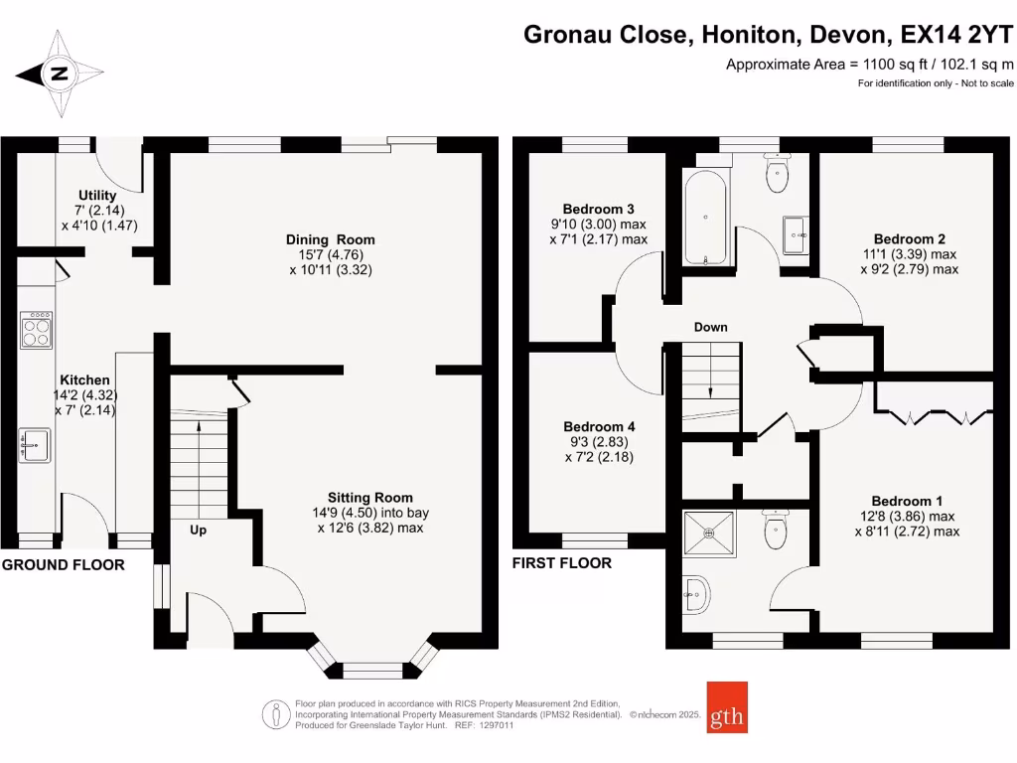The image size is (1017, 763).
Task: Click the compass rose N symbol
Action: point(59,74)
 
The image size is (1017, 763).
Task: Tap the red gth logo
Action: point(727,707)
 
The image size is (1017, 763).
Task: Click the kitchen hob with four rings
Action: point(37,330)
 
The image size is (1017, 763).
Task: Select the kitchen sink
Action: point(35,445)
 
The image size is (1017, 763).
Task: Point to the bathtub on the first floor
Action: point(706,218)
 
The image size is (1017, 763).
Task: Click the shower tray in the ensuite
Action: point(709,534)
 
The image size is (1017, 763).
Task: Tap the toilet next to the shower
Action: point(777,529)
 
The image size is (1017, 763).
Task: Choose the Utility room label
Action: point(97,196)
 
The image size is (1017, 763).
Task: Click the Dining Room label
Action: point(330,239)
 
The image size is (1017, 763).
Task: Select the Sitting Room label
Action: point(369,498)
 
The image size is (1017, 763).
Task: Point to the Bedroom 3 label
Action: point(598,209)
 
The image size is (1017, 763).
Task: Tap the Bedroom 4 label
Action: point(599,426)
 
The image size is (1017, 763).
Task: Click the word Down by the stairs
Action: point(711,327)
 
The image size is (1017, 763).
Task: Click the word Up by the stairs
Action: point(198,531)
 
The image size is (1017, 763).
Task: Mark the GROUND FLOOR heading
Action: point(63,564)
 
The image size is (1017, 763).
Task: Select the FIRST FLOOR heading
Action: point(562,562)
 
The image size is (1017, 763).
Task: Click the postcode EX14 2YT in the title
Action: point(956,35)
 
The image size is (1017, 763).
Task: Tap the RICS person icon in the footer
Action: point(276,715)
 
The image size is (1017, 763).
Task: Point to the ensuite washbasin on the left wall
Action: point(696,594)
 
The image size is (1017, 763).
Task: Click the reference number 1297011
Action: point(496,725)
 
